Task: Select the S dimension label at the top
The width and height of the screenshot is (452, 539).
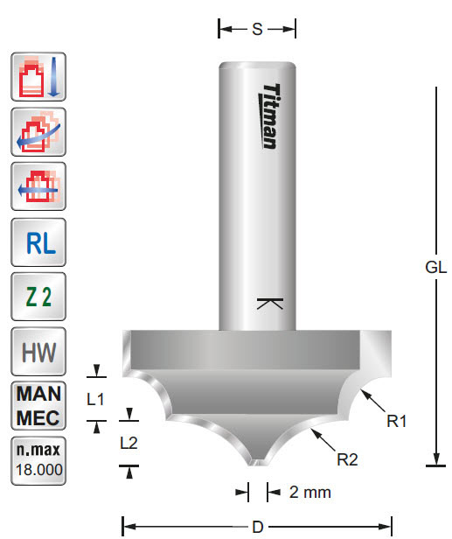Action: [257, 29]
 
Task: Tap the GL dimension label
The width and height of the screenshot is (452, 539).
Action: [436, 269]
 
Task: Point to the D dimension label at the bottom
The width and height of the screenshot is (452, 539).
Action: [256, 527]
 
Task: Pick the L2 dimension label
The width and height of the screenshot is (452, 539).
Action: [129, 443]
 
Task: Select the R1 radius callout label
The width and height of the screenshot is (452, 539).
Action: [398, 421]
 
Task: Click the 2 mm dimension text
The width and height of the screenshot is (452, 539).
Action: [309, 492]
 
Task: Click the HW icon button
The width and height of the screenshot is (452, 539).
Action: [38, 353]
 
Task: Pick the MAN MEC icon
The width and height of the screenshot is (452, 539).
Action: [38, 406]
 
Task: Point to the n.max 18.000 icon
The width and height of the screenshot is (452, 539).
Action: [38, 461]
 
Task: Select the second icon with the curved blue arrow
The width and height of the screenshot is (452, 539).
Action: [38, 133]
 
